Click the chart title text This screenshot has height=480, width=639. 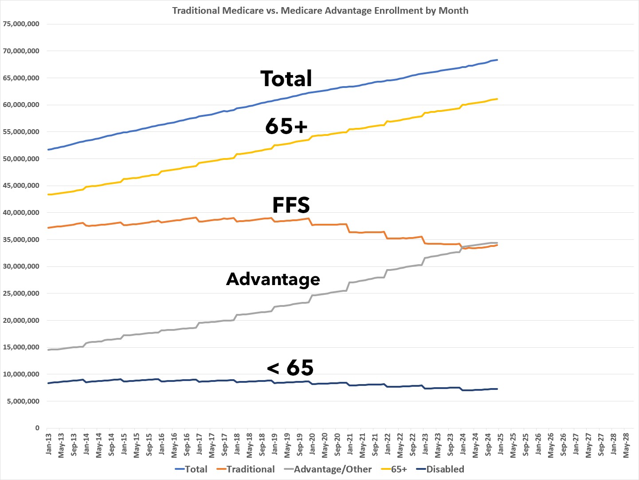point(320,10)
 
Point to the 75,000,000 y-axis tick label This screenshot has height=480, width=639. point(21,24)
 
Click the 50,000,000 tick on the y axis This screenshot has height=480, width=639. point(21,159)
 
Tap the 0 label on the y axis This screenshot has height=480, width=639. point(37,428)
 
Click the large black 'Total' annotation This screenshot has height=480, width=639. point(286,79)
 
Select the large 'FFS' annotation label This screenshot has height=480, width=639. point(291,205)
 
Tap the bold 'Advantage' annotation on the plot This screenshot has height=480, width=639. point(273,279)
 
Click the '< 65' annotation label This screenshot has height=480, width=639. point(290,368)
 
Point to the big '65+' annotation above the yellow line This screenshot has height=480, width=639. point(286,127)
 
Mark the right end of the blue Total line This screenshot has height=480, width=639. point(497,60)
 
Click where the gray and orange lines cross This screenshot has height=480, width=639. point(462,247)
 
